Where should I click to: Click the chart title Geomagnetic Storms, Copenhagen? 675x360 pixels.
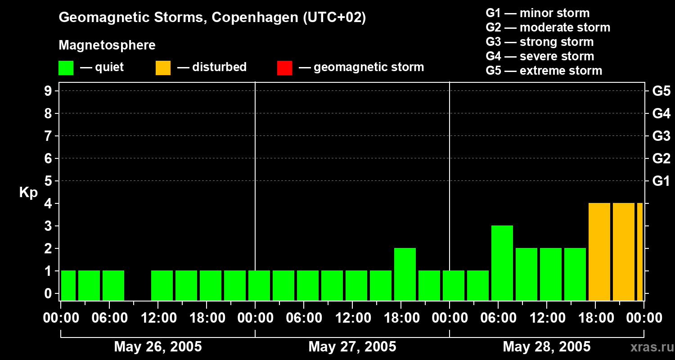pyautogui.click(x=212, y=18)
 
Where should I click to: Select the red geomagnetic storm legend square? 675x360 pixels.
pyautogui.click(x=285, y=67)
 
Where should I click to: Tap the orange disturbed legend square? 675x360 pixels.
pyautogui.click(x=163, y=67)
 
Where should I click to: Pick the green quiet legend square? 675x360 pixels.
pyautogui.click(x=66, y=67)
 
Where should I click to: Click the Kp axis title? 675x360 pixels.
pyautogui.click(x=28, y=193)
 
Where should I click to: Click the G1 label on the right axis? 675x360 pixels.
pyautogui.click(x=661, y=181)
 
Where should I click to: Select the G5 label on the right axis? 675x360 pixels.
pyautogui.click(x=661, y=91)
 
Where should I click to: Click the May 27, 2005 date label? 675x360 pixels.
pyautogui.click(x=352, y=346)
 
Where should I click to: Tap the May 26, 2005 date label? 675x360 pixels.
pyautogui.click(x=157, y=346)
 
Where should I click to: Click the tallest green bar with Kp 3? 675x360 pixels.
pyautogui.click(x=502, y=263)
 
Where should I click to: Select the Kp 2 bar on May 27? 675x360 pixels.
pyautogui.click(x=405, y=274)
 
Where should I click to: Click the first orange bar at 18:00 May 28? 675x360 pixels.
pyautogui.click(x=599, y=252)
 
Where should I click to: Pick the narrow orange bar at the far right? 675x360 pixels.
pyautogui.click(x=640, y=252)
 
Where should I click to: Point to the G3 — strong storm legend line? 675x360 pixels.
pyautogui.click(x=540, y=42)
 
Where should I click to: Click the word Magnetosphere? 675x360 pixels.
pyautogui.click(x=107, y=45)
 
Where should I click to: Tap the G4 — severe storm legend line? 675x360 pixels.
pyautogui.click(x=540, y=56)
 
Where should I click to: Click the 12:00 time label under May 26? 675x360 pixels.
pyautogui.click(x=158, y=318)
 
